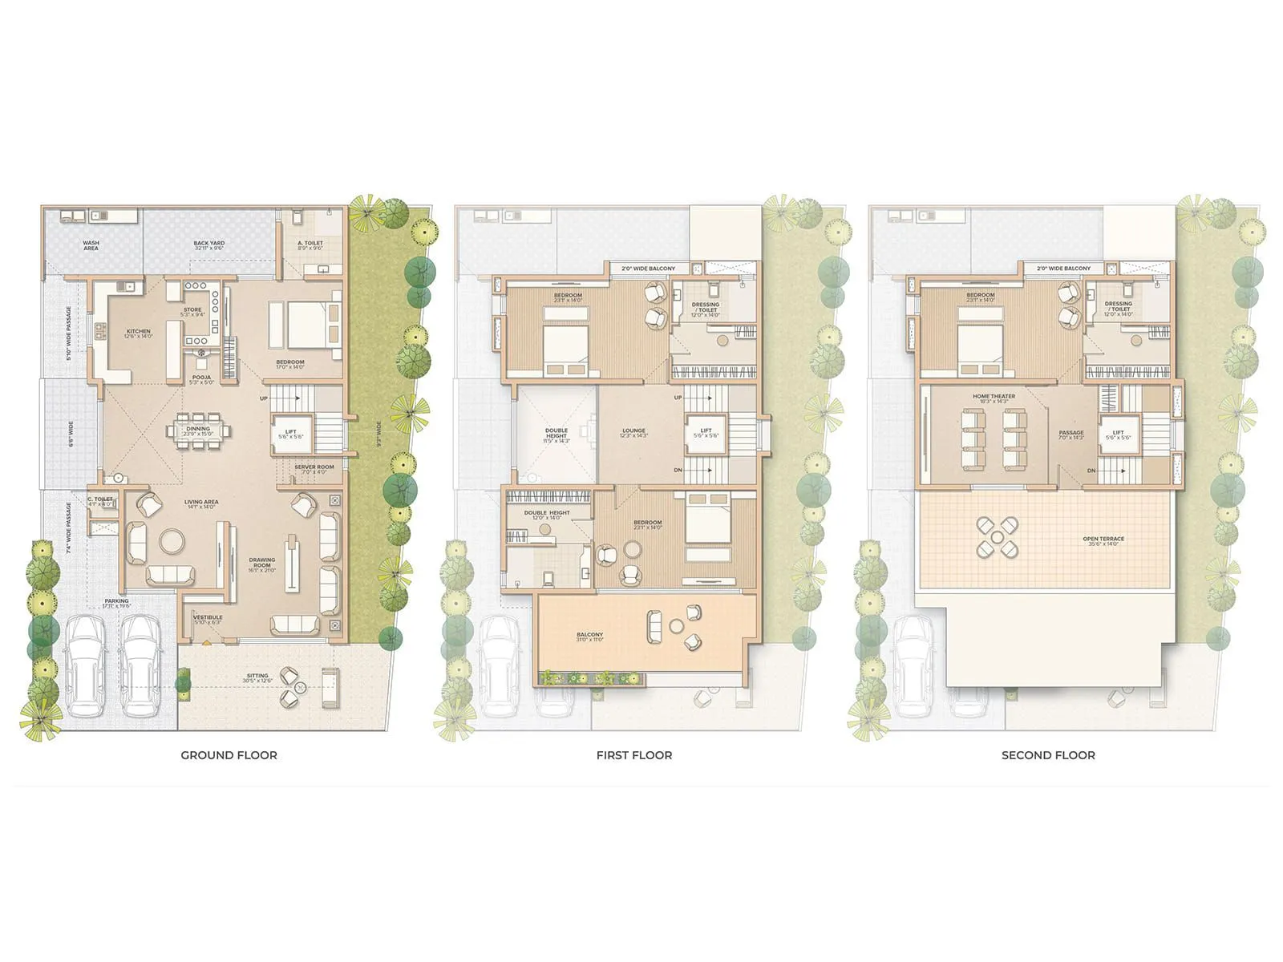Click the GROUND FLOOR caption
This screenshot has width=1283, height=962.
tap(229, 755)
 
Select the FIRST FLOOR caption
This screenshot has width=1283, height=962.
tap(633, 755)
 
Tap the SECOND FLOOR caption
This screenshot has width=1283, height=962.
tap(1048, 755)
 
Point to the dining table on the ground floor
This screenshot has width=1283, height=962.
tap(198, 430)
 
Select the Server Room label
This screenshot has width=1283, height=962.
tap(314, 469)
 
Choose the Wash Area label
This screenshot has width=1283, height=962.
tap(91, 245)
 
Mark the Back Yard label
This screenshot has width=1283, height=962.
tap(208, 245)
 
